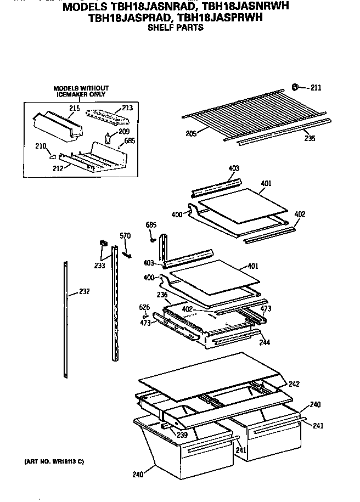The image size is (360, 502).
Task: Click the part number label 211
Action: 316,87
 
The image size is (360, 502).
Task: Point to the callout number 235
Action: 310,138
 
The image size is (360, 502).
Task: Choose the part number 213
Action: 127,108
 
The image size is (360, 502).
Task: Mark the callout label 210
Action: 41,146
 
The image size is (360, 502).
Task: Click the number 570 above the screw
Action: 126,236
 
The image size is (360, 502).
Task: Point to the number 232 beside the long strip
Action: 84,291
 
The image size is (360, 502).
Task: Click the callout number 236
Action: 162,295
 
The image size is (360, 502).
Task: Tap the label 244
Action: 265,342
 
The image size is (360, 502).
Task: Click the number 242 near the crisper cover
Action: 294,384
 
